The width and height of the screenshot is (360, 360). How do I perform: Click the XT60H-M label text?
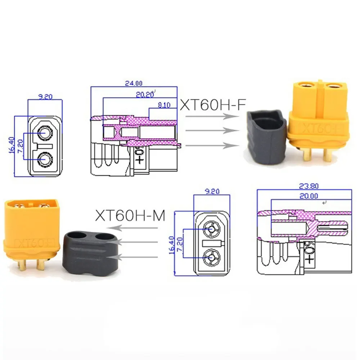click(130, 216)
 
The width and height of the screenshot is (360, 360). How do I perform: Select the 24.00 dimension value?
click(134, 83)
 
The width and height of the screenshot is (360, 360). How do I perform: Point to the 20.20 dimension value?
click(145, 94)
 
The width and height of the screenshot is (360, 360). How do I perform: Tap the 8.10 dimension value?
click(163, 105)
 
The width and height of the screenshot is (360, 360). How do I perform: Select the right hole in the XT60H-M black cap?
click(105, 237)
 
